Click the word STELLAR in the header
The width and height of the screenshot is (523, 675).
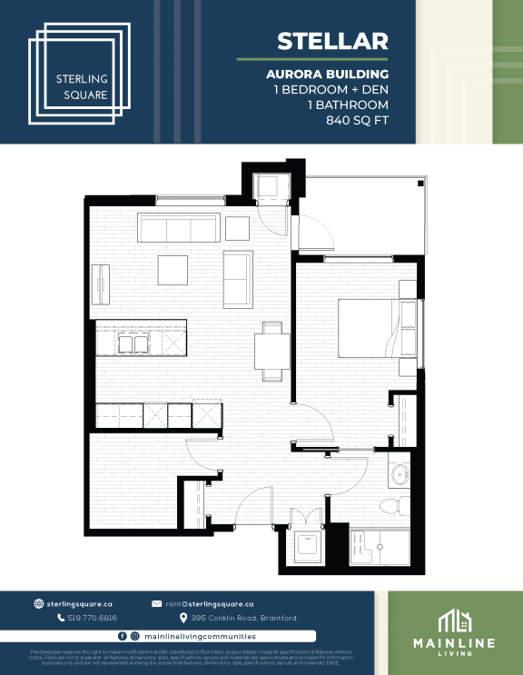click(x=332, y=41)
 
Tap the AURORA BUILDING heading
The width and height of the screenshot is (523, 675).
click(x=327, y=74)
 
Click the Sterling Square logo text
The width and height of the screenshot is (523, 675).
click(x=82, y=86)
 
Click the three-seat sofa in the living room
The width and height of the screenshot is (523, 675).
click(x=178, y=227)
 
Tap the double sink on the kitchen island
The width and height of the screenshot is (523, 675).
click(x=136, y=343)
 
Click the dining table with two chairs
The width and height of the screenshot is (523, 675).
click(x=271, y=349)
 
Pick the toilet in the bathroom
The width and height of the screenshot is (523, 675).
click(x=389, y=505)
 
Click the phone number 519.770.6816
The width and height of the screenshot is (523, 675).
click(x=92, y=618)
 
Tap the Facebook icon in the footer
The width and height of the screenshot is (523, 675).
click(x=122, y=636)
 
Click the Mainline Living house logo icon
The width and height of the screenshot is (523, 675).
click(x=454, y=620)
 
